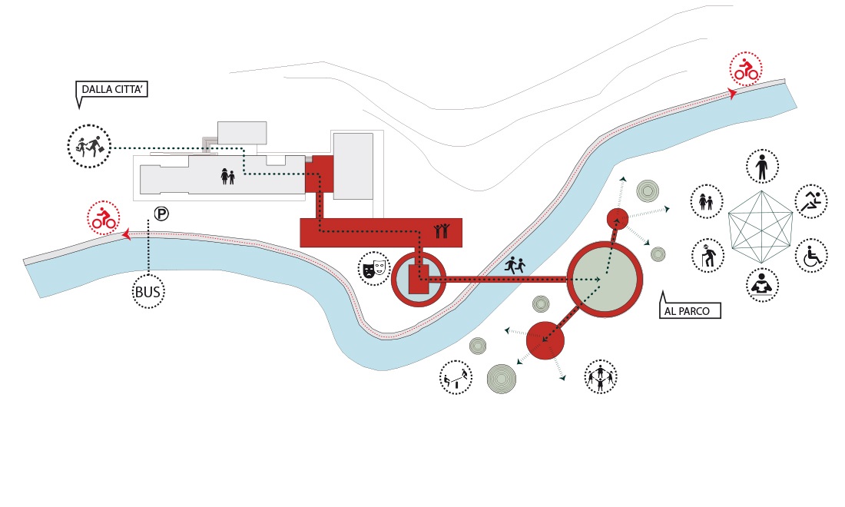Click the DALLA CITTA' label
click(x=112, y=89)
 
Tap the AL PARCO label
click(x=689, y=310)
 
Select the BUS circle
click(x=148, y=292)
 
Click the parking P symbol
click(x=161, y=214)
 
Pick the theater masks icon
click(x=373, y=268)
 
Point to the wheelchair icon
click(x=812, y=255)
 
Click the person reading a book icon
click(x=762, y=285)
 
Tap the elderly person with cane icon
click(x=707, y=255)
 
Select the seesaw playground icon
click(x=456, y=377)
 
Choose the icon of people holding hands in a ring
click(x=601, y=376)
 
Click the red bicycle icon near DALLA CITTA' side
click(x=104, y=217)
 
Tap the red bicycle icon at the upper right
click(x=746, y=69)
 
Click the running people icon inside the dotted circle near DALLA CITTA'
click(x=89, y=146)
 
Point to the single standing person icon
click(x=762, y=167)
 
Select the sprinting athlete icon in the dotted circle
click(x=812, y=201)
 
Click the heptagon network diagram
click(x=760, y=227)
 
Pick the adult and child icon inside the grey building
click(x=228, y=176)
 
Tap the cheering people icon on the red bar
click(x=442, y=230)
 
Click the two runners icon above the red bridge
click(x=515, y=264)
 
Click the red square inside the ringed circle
click(x=418, y=279)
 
